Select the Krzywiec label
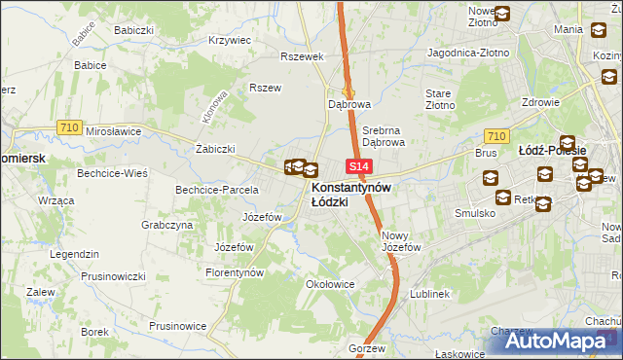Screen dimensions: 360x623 (x=230, y=41)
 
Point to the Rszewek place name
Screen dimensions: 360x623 (x=301, y=55)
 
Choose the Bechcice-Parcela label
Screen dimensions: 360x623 (x=216, y=189)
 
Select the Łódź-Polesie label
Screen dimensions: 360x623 (x=551, y=151)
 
